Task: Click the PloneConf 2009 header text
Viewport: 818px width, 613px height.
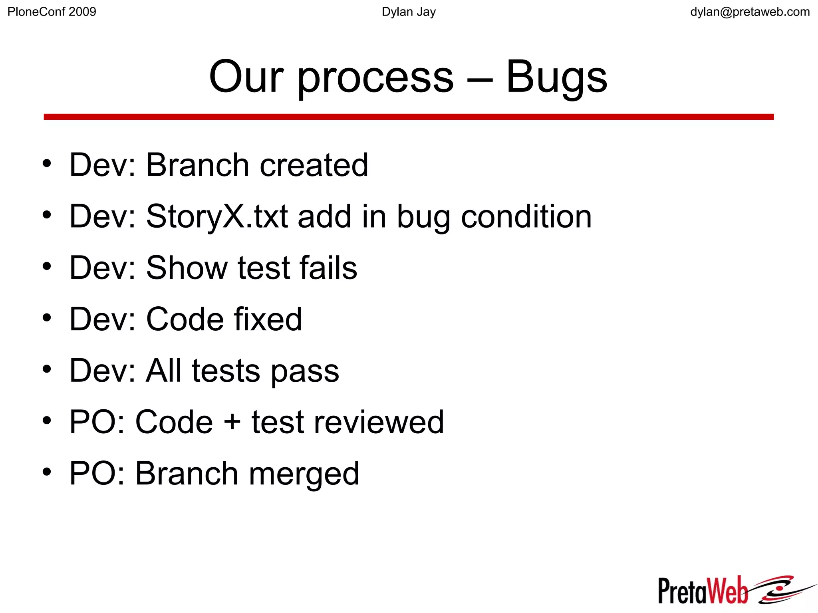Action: pyautogui.click(x=52, y=12)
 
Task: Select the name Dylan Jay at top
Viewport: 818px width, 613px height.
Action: pyautogui.click(x=409, y=12)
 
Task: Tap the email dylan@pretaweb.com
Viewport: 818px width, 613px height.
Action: pyautogui.click(x=750, y=12)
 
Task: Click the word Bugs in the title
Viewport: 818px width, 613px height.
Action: pyautogui.click(x=556, y=77)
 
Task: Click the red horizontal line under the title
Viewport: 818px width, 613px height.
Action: pyautogui.click(x=409, y=117)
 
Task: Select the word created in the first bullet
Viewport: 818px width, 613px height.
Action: pyautogui.click(x=314, y=165)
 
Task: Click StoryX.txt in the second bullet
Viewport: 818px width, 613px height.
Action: pyautogui.click(x=217, y=217)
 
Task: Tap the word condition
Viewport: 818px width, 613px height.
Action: pyautogui.click(x=526, y=216)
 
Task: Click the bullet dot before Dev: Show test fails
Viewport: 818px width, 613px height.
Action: pyautogui.click(x=47, y=266)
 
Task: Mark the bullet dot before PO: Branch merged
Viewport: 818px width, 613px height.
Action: pyautogui.click(x=47, y=472)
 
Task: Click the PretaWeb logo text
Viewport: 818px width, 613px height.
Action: pyautogui.click(x=703, y=591)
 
